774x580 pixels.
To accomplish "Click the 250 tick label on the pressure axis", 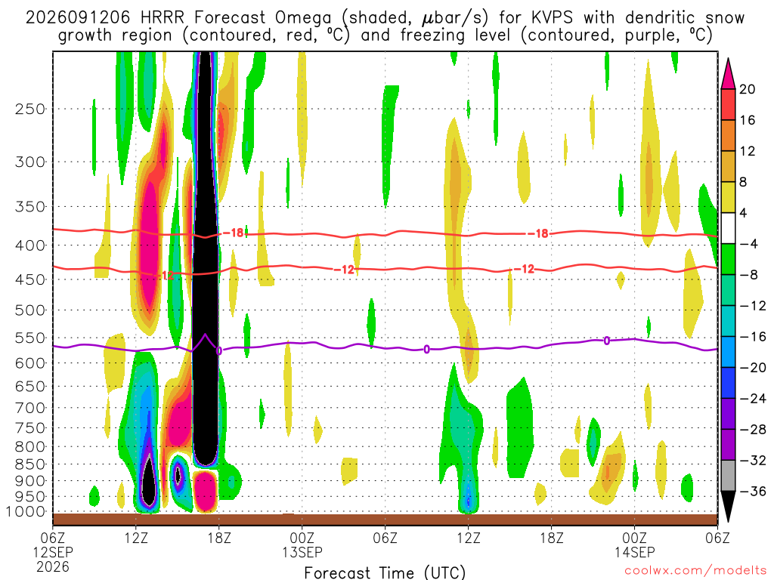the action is point(30,109).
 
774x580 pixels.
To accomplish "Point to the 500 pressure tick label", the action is point(30,310).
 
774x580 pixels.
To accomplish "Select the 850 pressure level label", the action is point(30,464).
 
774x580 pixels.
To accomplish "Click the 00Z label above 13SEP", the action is point(302,537).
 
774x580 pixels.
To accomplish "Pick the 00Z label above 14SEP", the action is point(634,537).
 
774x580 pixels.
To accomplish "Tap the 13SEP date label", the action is point(302,552).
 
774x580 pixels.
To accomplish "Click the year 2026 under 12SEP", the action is point(53,566).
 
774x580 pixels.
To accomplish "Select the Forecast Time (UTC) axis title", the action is point(385,572).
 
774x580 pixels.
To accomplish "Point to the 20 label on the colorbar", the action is point(748,89).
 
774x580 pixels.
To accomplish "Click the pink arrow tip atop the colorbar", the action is point(728,60).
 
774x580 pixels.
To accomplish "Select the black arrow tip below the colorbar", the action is point(728,520).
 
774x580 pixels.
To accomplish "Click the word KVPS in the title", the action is point(553,18).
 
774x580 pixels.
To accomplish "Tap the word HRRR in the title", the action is point(163,18).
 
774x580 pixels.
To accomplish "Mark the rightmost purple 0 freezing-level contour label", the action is point(607,341).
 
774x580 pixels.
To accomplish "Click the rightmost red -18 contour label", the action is point(537,234).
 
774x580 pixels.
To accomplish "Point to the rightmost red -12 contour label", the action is point(524,269).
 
